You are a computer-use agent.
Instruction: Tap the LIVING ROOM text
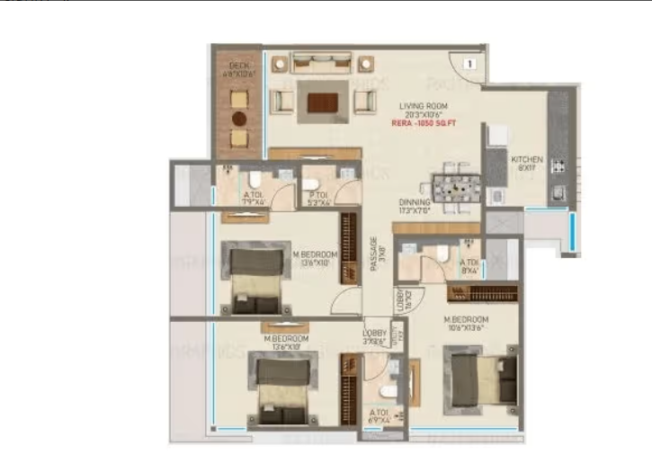click(424, 106)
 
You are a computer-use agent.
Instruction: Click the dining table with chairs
click(452, 188)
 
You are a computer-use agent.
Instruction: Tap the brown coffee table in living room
click(322, 103)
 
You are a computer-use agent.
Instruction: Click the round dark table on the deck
click(238, 118)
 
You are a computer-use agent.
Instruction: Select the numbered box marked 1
click(469, 64)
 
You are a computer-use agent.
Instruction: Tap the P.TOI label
click(317, 198)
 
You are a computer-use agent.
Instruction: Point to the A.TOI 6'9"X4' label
click(380, 417)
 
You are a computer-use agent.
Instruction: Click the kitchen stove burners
click(558, 165)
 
